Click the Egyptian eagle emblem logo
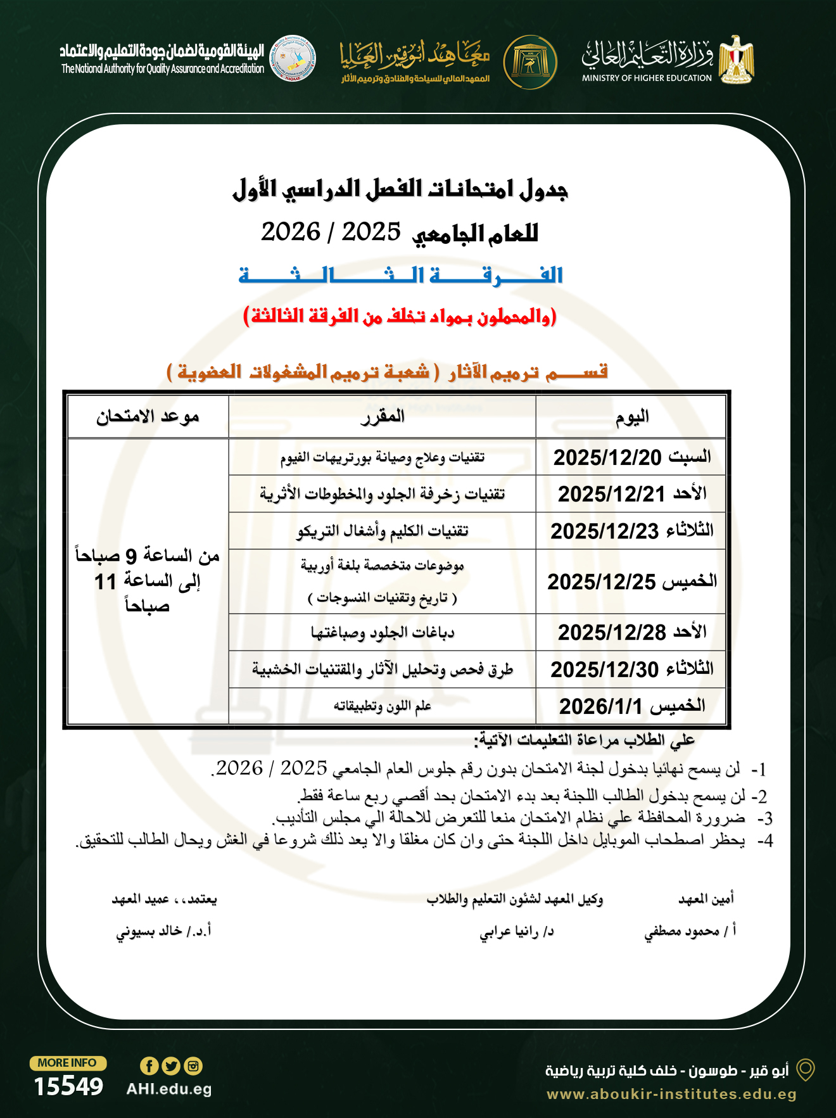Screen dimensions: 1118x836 [x=736, y=60]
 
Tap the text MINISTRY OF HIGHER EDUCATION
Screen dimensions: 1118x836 [x=647, y=79]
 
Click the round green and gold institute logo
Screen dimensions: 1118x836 [x=530, y=62]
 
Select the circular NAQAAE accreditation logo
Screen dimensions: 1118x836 [x=292, y=58]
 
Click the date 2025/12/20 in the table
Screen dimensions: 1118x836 [x=607, y=457]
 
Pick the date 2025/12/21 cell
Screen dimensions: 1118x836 [x=611, y=494]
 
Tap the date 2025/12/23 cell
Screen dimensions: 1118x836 [x=604, y=531]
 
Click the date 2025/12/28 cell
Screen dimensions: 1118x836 [x=611, y=632]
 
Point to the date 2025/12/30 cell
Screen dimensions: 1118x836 [x=604, y=670]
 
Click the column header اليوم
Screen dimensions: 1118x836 [x=631, y=417]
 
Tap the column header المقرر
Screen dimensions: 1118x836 [x=382, y=417]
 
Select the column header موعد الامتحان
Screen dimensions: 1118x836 [x=148, y=417]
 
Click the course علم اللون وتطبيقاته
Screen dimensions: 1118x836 [x=383, y=706]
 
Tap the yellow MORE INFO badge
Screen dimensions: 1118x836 [x=68, y=1063]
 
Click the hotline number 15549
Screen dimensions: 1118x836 [x=68, y=1086]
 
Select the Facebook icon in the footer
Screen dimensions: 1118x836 [x=149, y=1066]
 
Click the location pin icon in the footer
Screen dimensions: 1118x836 [x=805, y=1070]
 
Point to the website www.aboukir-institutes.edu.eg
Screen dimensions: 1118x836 [x=671, y=1094]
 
